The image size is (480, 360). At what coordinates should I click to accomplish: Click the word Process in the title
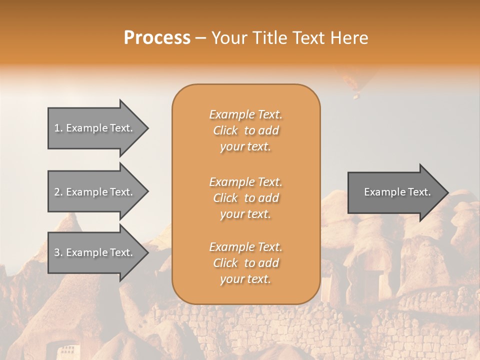point(157,38)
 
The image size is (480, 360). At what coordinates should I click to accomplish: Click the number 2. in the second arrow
point(58,192)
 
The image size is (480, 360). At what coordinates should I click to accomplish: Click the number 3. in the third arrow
point(58,252)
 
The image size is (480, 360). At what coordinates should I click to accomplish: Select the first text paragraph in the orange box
point(245,130)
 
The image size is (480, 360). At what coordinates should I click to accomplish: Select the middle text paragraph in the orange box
point(245,198)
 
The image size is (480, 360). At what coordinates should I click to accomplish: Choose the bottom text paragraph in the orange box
point(245,263)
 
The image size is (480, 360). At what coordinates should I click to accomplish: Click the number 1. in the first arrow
point(58,128)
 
